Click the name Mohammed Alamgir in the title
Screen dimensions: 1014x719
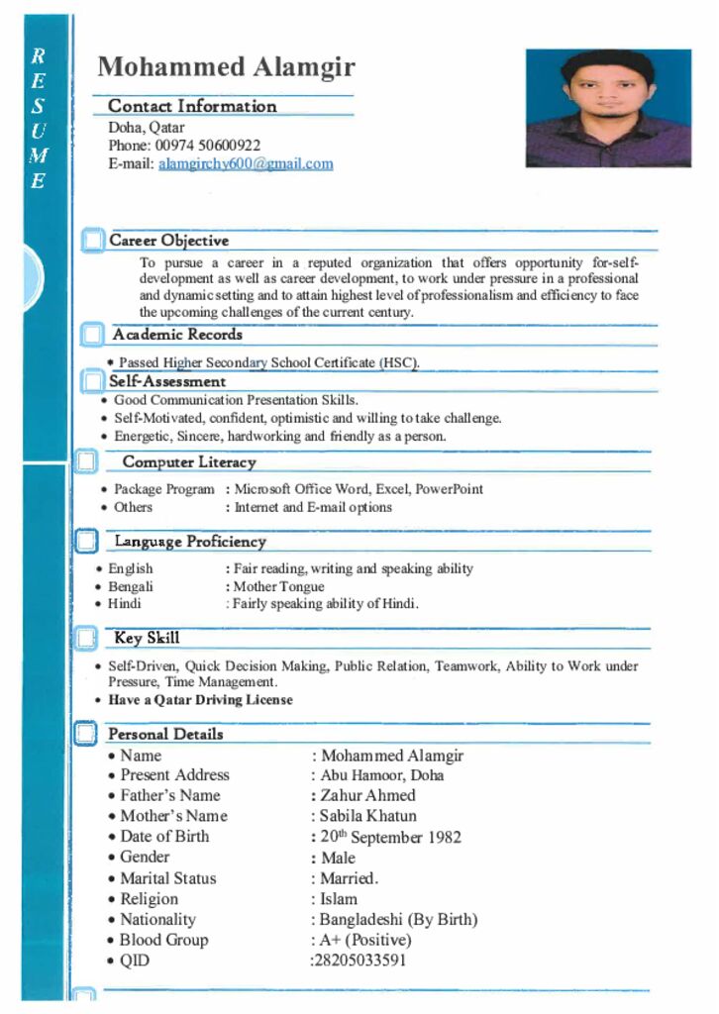226,67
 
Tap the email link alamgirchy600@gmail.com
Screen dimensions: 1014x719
246,164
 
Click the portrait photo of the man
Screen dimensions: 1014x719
608,108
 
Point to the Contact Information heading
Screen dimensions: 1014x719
192,106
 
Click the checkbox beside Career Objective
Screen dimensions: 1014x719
93,241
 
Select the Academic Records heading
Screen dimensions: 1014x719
177,335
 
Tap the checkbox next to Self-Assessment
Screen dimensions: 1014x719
93,381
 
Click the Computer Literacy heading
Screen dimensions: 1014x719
189,462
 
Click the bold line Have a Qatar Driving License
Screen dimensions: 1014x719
200,700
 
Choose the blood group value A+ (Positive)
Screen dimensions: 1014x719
365,940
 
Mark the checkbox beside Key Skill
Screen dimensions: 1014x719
86,638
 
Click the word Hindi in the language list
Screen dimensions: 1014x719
125,604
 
